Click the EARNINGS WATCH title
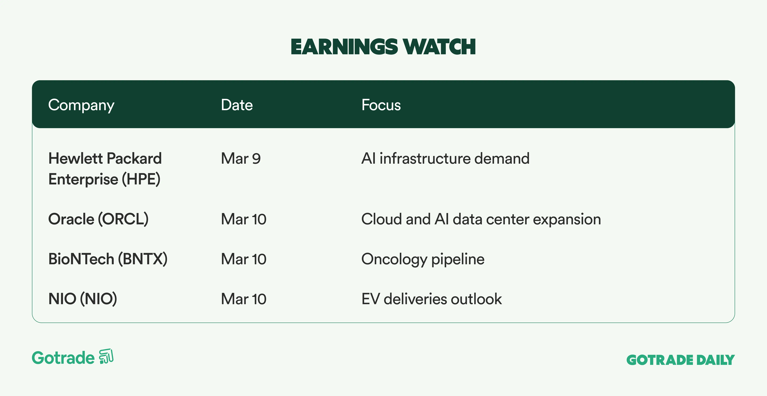click(x=383, y=47)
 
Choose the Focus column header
click(x=381, y=105)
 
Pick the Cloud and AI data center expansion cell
click(x=481, y=219)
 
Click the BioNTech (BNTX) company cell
click(x=108, y=259)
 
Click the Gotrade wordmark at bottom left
click(x=63, y=358)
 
